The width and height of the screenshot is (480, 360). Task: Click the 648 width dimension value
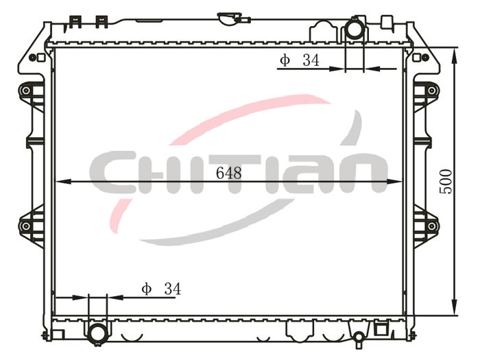click(x=228, y=173)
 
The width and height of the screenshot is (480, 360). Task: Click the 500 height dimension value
click(x=446, y=182)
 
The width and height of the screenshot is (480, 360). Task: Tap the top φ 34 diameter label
click(x=300, y=60)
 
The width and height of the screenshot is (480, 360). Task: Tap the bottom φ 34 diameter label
click(x=161, y=289)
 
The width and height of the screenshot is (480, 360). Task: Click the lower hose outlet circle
click(x=98, y=334)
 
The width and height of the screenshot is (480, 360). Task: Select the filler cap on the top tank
click(x=230, y=19)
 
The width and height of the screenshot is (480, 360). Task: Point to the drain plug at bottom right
click(x=359, y=338)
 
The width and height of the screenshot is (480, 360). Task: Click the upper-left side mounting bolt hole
click(x=26, y=91)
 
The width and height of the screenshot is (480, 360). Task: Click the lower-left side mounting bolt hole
click(x=26, y=226)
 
